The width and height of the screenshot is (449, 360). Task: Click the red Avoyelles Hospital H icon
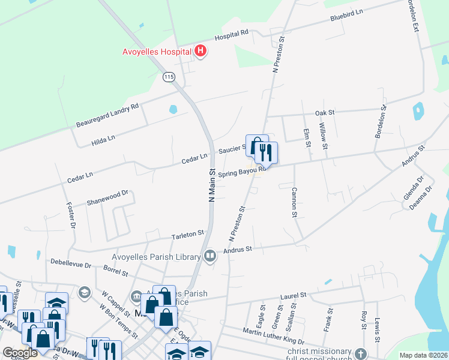tap(200, 52)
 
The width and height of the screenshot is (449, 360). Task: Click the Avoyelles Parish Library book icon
tap(209, 256)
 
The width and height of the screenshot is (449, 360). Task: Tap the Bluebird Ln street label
tap(346, 16)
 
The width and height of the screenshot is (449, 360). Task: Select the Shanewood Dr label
tap(108, 197)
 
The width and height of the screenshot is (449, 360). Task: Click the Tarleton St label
tap(188, 233)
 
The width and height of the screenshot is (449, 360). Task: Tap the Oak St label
tap(324, 112)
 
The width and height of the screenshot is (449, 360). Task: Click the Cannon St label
tap(294, 202)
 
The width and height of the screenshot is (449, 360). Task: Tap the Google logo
tap(20, 353)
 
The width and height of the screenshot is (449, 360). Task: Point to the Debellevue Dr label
tap(71, 263)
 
